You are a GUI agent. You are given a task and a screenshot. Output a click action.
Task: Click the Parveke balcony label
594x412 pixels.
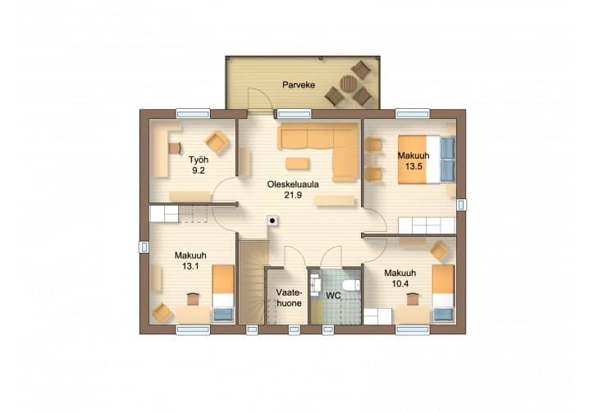pos(299,84)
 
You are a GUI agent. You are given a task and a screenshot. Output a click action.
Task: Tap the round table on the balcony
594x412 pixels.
pos(349,84)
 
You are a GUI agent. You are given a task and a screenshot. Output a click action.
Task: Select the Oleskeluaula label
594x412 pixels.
pos(293,184)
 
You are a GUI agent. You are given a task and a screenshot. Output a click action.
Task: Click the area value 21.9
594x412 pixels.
pos(293,195)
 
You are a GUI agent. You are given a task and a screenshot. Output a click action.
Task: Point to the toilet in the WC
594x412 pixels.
pos(350,285)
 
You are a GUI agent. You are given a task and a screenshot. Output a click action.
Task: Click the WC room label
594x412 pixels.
pos(333,296)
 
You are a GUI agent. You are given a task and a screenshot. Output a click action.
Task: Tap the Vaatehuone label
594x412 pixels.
pos(289,298)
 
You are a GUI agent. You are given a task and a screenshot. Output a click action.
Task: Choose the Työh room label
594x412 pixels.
pos(199,160)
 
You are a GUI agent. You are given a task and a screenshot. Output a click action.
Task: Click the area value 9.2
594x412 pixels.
pos(198,170)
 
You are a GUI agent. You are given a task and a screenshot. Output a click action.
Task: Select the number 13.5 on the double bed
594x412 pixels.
pos(414,166)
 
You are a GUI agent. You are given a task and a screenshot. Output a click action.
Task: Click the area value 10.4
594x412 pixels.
pos(400,283)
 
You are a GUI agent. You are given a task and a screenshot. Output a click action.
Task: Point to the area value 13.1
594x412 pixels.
pos(190,266)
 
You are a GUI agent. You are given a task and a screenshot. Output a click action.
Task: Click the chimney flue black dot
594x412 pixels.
pos(272,220)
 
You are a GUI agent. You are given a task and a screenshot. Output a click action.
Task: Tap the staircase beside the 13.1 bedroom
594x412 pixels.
pos(253,282)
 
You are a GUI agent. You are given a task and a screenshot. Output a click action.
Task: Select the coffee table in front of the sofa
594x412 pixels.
pos(297,164)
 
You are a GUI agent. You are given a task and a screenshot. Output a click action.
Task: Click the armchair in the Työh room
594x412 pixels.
pos(217,143)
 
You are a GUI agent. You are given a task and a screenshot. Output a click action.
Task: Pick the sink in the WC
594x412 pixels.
pos(316,284)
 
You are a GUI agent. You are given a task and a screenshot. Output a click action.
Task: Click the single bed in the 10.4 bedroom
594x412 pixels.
pos(443,293)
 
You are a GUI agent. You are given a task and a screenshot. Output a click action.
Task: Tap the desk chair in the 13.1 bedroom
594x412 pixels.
pos(193,299)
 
